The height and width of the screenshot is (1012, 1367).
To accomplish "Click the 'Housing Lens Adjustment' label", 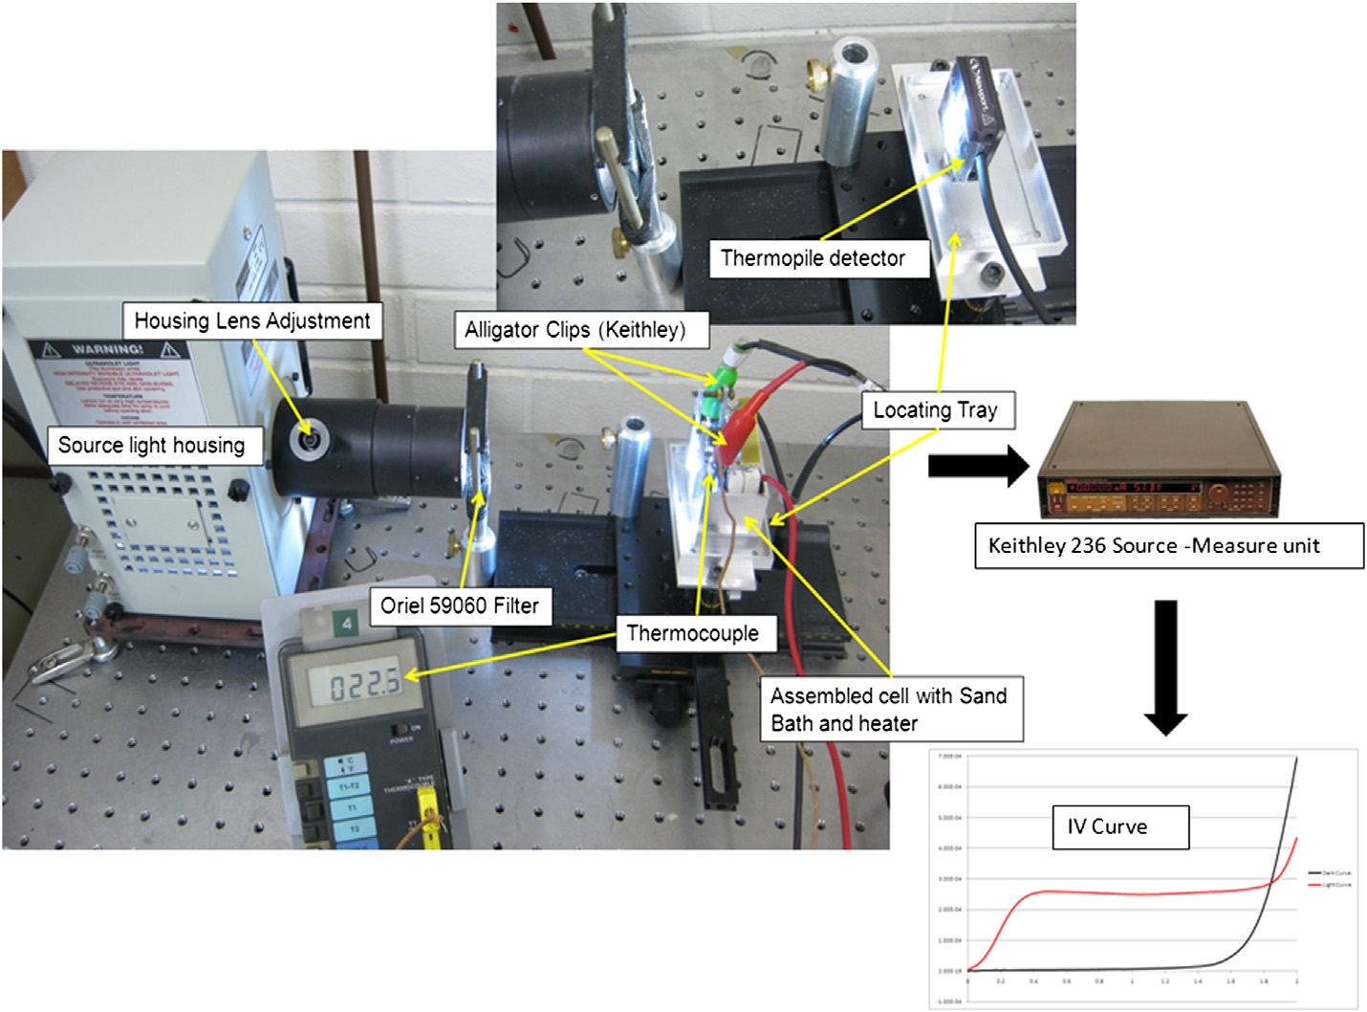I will tap(252, 320).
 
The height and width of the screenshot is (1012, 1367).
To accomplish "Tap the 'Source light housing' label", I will tap(151, 445).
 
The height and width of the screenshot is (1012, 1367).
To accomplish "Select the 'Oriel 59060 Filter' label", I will tap(459, 605).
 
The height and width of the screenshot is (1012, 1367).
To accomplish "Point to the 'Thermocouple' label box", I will tap(692, 633).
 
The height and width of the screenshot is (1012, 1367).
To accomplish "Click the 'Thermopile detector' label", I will tap(813, 258).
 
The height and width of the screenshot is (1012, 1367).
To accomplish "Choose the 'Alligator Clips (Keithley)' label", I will tap(575, 330).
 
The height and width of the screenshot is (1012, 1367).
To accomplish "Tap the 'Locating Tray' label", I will tap(935, 410).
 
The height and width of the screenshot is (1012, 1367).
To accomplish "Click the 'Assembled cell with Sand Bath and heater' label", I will tap(889, 709).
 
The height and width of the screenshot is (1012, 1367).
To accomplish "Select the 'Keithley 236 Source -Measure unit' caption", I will tap(1154, 546).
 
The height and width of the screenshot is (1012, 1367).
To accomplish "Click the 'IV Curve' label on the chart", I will tap(1107, 826).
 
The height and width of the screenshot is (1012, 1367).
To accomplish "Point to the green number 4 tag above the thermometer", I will tap(346, 624).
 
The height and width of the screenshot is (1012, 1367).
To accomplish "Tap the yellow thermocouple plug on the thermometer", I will tap(436, 823).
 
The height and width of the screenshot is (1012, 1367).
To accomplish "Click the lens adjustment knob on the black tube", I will tap(309, 439).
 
